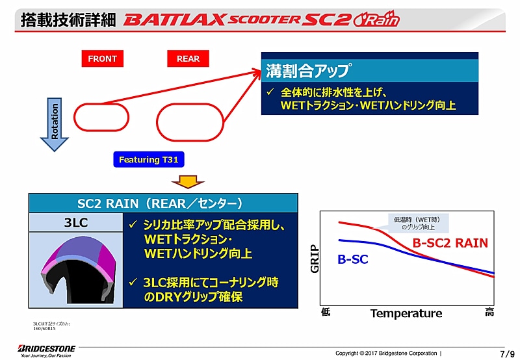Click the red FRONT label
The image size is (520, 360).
[102, 58]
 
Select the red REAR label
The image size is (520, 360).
[188, 58]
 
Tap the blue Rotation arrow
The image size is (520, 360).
[55, 123]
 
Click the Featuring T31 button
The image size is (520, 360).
[149, 159]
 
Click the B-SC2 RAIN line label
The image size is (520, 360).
[450, 244]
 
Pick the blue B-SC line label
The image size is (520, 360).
[353, 259]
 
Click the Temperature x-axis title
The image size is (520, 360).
[406, 313]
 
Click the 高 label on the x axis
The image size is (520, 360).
[489, 313]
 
